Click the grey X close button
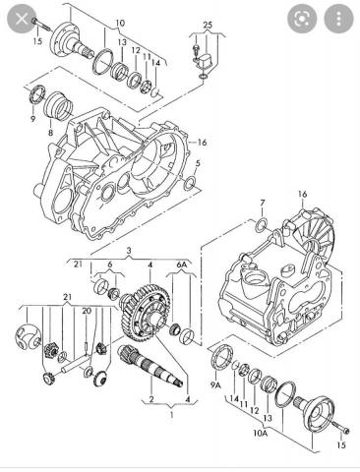[22, 19]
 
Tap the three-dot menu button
[338, 19]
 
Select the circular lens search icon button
[302, 19]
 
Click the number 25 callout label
[208, 25]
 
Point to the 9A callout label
[215, 385]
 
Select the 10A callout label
[260, 433]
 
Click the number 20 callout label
[87, 311]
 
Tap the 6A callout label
[182, 265]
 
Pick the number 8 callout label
[50, 133]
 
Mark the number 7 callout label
[262, 204]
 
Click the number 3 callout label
[129, 251]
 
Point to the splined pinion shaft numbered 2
[150, 366]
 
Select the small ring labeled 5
[189, 184]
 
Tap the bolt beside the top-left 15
[40, 24]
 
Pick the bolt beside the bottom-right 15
[341, 427]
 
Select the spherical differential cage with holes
[29, 336]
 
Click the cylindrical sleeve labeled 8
[58, 104]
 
